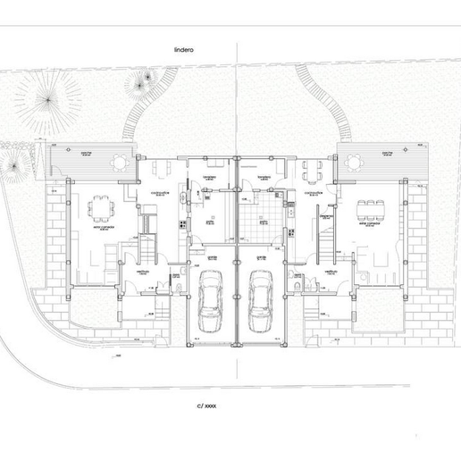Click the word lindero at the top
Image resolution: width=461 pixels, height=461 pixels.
[184, 52]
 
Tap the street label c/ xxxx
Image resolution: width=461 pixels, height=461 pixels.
[206, 405]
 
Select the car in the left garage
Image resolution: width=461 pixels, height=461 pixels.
[211, 300]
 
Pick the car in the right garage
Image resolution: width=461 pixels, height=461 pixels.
[260, 300]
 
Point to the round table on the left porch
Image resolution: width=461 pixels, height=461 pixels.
[118, 162]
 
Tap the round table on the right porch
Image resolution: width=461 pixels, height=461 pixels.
[351, 163]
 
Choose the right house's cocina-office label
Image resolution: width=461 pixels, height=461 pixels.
[314, 193]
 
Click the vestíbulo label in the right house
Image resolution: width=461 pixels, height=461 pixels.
[331, 269]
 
